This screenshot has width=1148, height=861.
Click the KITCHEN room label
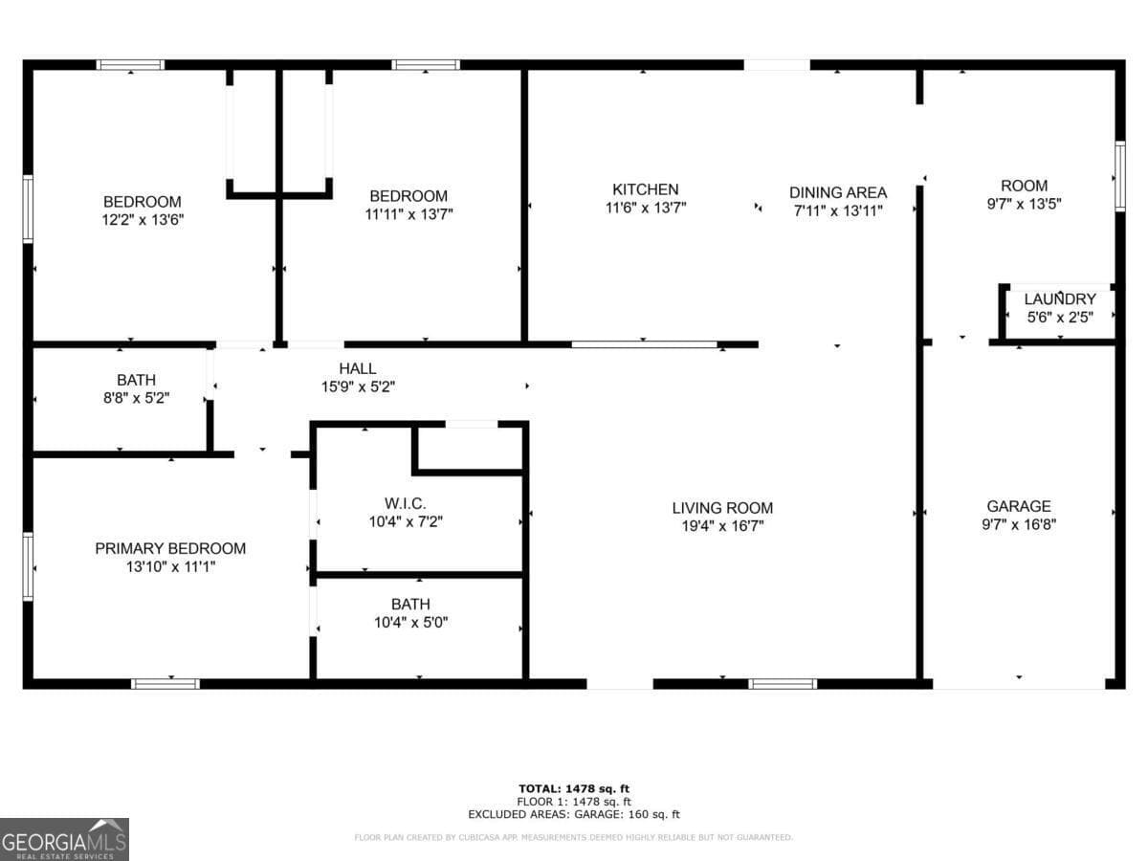tap(645, 189)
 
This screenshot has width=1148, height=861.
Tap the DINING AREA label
tap(837, 192)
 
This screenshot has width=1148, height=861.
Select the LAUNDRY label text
tap(1059, 299)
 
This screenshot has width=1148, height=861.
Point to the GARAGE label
tap(1018, 506)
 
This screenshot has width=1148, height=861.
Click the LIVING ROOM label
tap(721, 508)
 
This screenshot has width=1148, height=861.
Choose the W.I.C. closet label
tap(405, 503)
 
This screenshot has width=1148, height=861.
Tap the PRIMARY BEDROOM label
tap(170, 548)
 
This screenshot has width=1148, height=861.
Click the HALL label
tap(357, 368)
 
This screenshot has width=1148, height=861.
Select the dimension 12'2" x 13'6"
tap(142, 219)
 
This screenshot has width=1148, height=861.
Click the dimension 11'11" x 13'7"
tap(408, 214)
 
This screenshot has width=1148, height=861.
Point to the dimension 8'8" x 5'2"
tap(136, 398)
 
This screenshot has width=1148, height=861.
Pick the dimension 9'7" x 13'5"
tap(1024, 204)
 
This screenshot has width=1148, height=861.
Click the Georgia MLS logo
tap(64, 839)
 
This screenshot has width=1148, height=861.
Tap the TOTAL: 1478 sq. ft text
tap(574, 788)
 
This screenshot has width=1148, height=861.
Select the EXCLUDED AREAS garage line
tap(574, 815)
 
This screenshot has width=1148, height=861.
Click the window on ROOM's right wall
tap(1119, 176)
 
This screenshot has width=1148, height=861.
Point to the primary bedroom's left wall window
tap(29, 566)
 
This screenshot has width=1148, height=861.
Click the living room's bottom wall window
tap(782, 683)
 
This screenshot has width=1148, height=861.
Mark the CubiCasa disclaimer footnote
tap(574, 838)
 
